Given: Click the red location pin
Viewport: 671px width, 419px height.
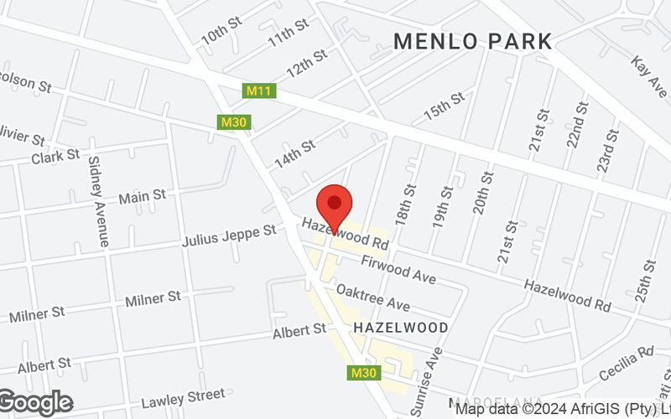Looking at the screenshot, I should click(x=335, y=204).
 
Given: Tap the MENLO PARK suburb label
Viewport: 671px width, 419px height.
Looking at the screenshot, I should click(x=473, y=40).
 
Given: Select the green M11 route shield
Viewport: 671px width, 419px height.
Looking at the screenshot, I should click(x=258, y=90).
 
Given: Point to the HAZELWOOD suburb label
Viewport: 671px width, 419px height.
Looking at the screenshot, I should click(x=401, y=326).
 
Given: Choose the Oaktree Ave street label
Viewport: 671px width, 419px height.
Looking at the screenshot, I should click(x=372, y=298).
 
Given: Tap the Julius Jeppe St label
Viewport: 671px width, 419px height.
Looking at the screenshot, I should click(x=229, y=235).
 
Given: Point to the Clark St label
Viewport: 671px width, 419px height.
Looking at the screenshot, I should click(x=55, y=157).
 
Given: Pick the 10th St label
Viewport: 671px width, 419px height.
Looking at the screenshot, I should click(x=221, y=34).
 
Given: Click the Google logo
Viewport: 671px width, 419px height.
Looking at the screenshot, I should click(x=35, y=402).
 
